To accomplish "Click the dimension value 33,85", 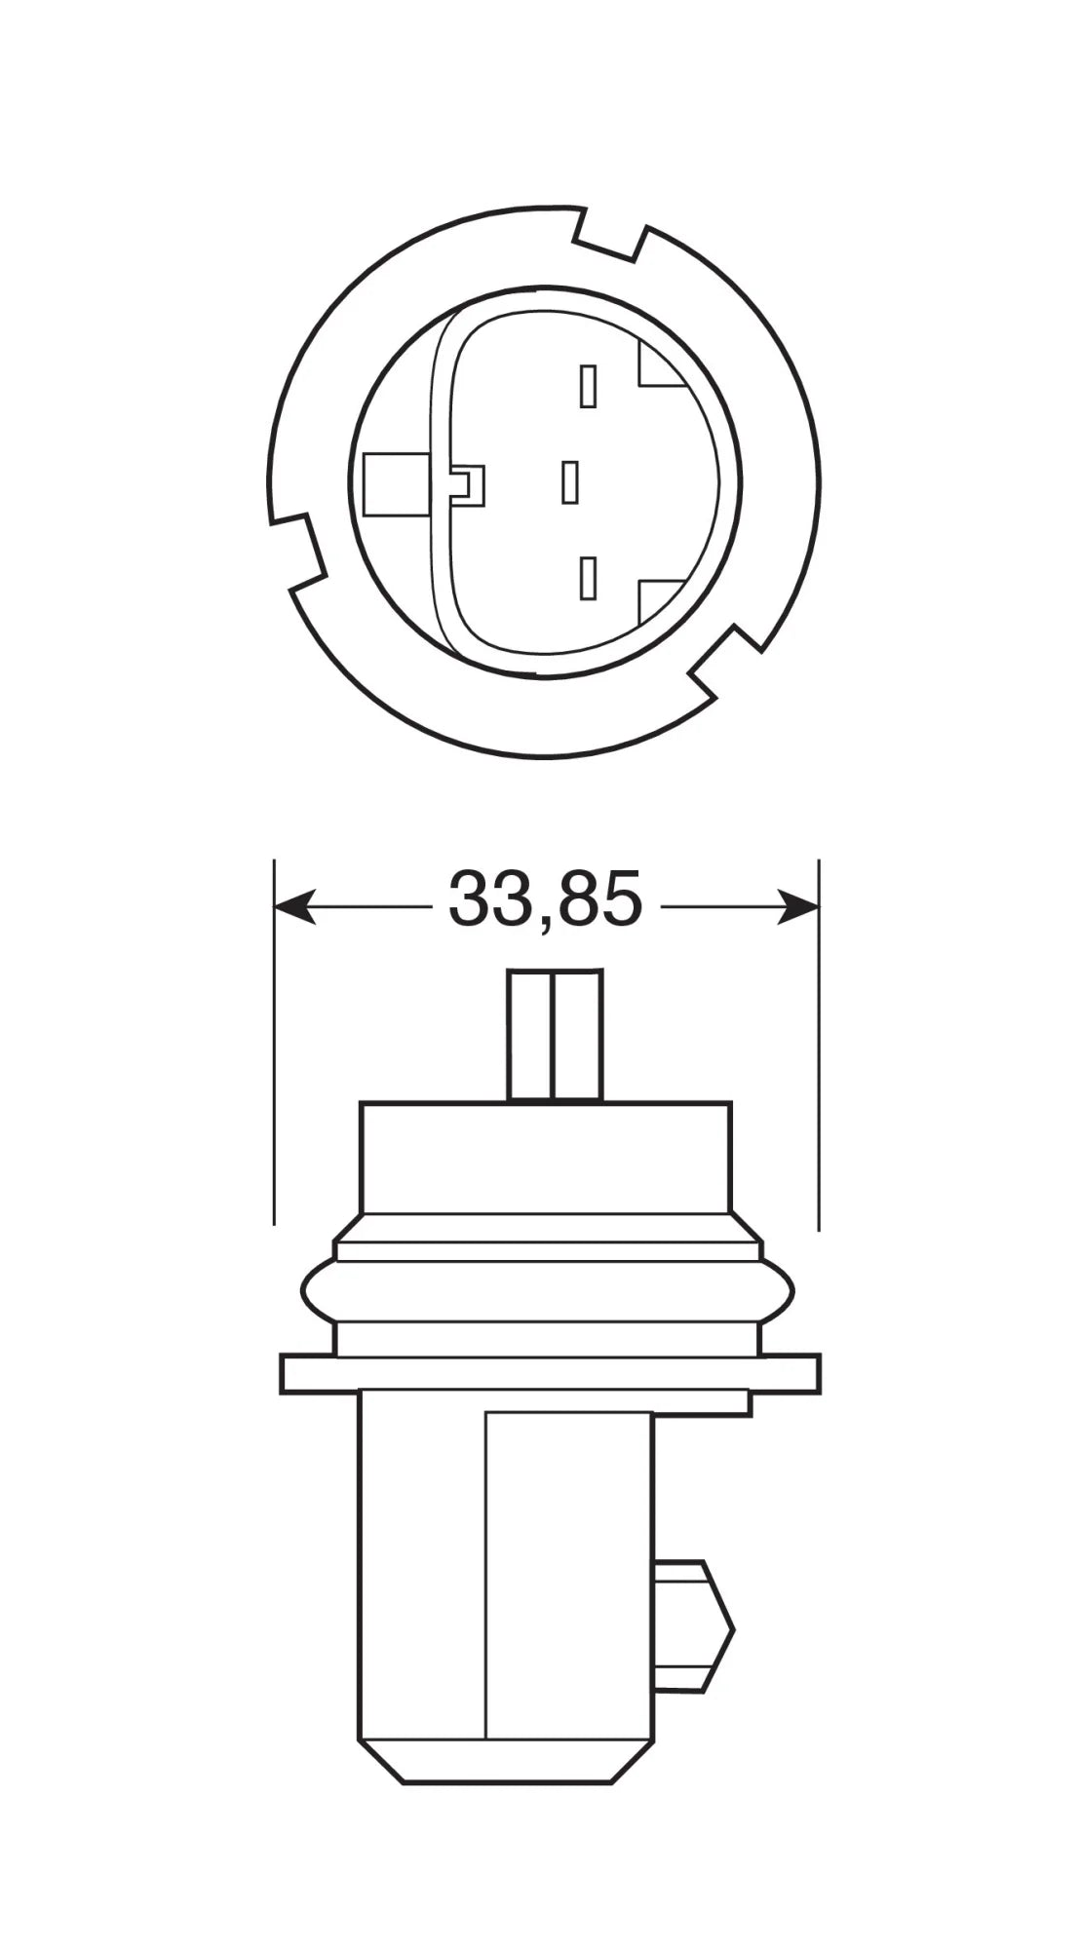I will click(x=545, y=898).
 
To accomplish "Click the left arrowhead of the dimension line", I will click(x=292, y=906).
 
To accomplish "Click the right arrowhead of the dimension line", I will click(x=799, y=906).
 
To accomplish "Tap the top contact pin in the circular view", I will click(x=587, y=386).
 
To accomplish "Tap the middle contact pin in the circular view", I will click(x=570, y=482).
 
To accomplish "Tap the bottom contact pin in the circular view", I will click(x=587, y=578).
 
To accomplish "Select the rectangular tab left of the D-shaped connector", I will click(x=394, y=484).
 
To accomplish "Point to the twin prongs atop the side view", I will click(x=555, y=1034).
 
